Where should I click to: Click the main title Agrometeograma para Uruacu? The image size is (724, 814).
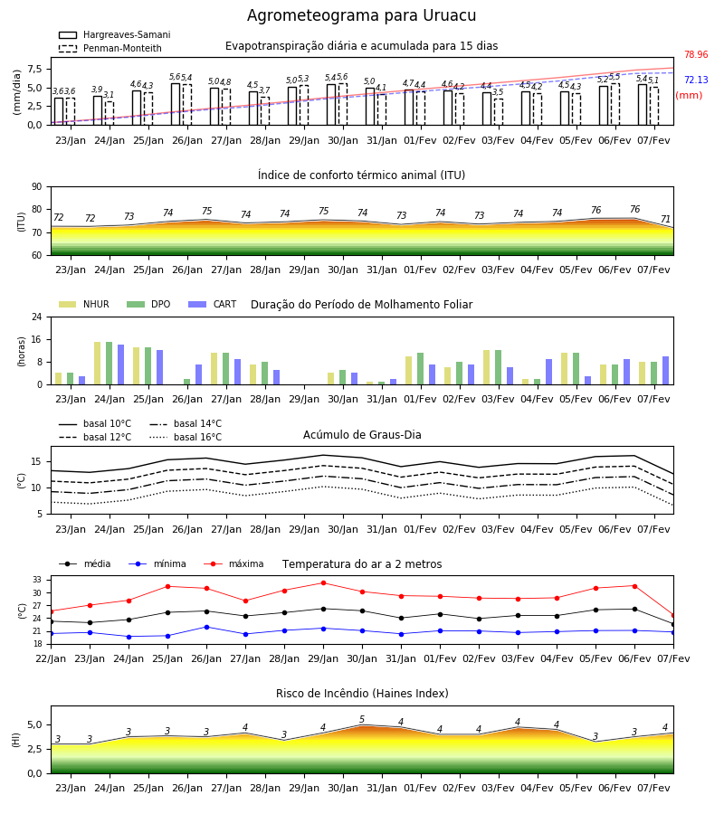(361, 15)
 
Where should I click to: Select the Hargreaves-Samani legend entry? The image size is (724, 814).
(114, 34)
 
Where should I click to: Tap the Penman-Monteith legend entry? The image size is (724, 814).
(110, 48)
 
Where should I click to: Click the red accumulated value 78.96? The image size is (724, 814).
(696, 54)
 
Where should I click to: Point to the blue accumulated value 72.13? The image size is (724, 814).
(696, 80)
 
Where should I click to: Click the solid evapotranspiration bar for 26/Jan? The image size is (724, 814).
(176, 104)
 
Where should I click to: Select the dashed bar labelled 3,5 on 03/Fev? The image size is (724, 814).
(499, 112)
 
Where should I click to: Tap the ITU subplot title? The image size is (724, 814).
(361, 175)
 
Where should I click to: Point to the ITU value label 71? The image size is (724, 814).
(665, 219)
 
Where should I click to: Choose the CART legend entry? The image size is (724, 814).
(212, 304)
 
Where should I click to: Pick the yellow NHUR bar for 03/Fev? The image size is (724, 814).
(487, 367)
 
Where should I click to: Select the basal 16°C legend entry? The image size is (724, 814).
(186, 437)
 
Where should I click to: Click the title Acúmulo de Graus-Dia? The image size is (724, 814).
(362, 434)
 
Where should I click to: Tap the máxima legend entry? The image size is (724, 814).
(233, 563)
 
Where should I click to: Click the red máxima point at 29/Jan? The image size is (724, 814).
(324, 583)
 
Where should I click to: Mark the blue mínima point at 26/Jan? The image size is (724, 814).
(206, 627)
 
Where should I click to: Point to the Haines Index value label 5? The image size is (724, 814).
(362, 720)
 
